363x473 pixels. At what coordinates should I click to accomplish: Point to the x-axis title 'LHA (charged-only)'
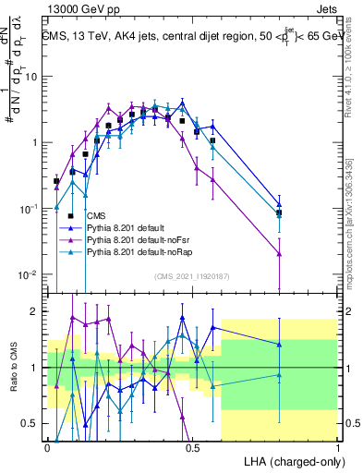coord(295,460)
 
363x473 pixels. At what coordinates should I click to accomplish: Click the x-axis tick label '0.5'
coord(192,446)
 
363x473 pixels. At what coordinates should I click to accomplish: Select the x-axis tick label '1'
coord(337,446)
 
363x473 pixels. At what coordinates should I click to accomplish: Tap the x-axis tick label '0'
coord(47,446)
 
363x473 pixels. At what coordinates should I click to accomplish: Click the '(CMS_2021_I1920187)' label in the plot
coord(192,276)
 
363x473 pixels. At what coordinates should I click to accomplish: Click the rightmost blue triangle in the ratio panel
coord(280,344)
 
